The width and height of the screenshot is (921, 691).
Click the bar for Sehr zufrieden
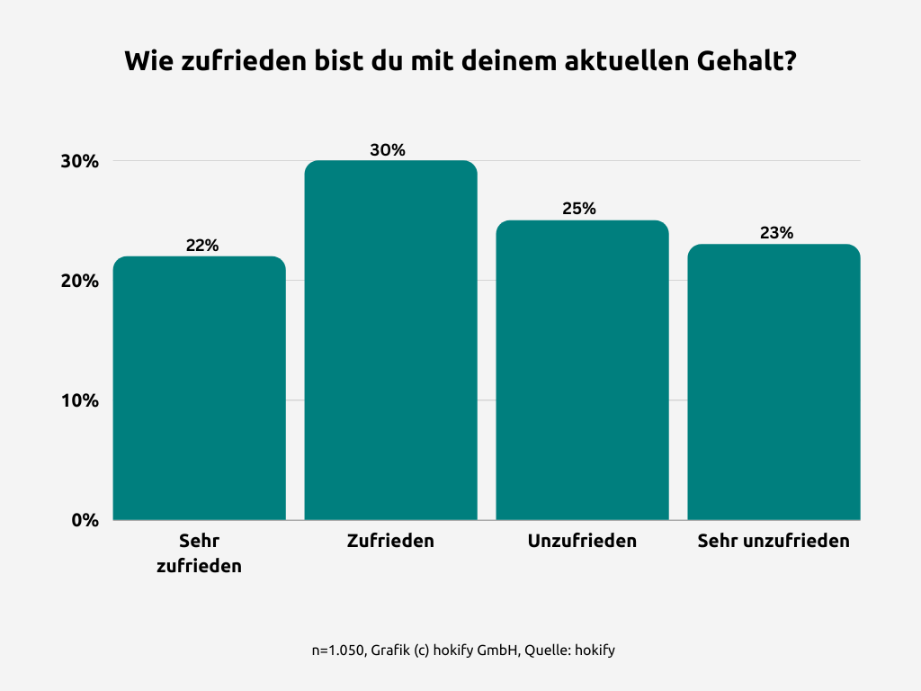[x=199, y=388]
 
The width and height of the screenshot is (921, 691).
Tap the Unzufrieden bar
[x=582, y=370]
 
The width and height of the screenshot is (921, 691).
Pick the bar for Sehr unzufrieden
[x=773, y=381]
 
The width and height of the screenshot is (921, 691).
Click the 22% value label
[x=202, y=246]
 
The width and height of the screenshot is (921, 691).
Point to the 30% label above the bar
[x=388, y=150]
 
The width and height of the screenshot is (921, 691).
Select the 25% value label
[x=579, y=209]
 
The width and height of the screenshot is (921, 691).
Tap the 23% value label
[x=776, y=233]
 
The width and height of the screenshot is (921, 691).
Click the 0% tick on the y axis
[x=85, y=520]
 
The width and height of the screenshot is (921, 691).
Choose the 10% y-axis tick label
[x=80, y=400]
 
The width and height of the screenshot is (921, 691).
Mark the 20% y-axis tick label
[x=80, y=281]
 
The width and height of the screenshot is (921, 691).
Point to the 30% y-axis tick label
[x=80, y=162]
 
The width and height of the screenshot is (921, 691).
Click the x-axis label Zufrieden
[x=390, y=541]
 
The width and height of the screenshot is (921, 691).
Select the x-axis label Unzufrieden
[x=582, y=541]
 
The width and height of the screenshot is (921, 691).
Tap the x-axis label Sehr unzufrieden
[x=773, y=541]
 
